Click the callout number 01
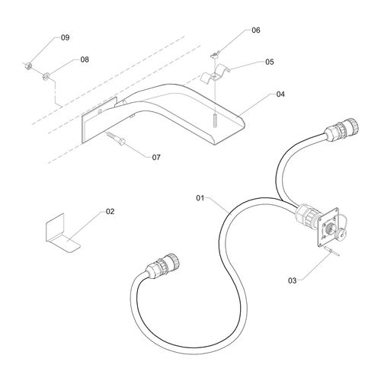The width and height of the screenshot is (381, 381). pos(200,198)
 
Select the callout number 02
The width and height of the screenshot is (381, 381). pos(110,211)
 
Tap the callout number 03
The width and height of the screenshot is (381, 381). pos(293,280)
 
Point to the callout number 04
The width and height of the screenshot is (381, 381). pos(280,94)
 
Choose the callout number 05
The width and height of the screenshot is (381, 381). pos(270,62)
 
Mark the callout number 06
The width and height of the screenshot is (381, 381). pos(256,30)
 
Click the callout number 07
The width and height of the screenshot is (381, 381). pos(156,158)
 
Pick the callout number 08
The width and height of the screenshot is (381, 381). pos(85,59)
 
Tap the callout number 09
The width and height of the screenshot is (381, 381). pos(66,37)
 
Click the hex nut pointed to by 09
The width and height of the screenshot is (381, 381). pos(28,66)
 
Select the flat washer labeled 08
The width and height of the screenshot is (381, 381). pos(46,76)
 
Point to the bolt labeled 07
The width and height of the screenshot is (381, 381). pos(116,138)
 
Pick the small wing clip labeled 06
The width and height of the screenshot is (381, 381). pos(215,54)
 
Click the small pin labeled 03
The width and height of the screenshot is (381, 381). pos(332,251)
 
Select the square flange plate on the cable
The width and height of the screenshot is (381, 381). pos(328,227)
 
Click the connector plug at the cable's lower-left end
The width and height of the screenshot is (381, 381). pos(163,265)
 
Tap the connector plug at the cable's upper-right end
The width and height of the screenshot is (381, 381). pos(341,130)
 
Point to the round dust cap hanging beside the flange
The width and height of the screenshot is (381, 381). pos(340,232)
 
